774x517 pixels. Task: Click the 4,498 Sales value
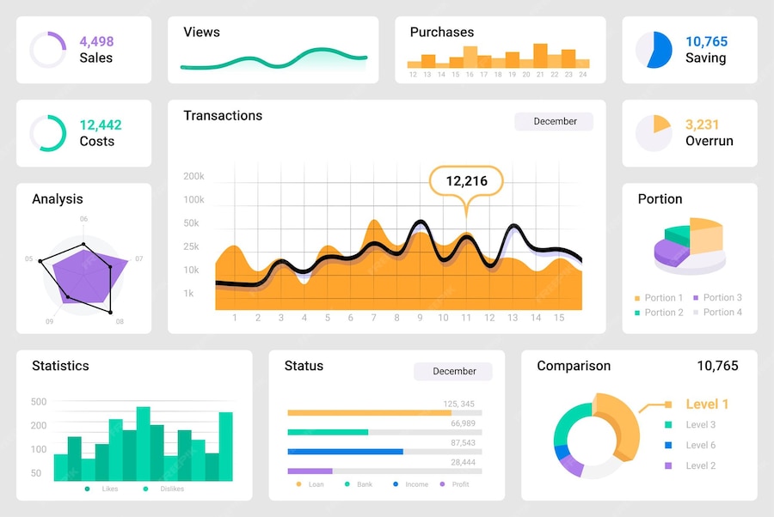(96, 41)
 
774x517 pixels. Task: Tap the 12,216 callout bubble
(466, 180)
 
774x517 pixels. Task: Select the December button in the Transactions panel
(554, 121)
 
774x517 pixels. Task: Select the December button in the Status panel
(453, 371)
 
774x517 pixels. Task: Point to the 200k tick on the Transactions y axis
(193, 176)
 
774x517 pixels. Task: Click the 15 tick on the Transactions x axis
(558, 318)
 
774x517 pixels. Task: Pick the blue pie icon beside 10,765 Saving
(654, 50)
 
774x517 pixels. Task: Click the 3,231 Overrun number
(702, 125)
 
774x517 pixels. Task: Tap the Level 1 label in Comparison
(707, 404)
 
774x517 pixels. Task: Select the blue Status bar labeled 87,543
(345, 451)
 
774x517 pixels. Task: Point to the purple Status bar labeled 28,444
(310, 471)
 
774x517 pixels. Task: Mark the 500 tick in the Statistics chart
(39, 401)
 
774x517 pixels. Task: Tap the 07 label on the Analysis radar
(138, 258)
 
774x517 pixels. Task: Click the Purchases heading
(441, 32)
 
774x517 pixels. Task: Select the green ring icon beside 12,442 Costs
(48, 133)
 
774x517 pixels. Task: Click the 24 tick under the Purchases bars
(582, 75)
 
